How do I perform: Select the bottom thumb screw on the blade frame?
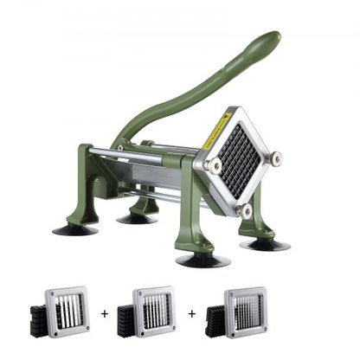click(246, 209)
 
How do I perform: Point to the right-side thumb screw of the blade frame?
click(274, 158)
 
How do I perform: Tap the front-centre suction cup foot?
click(202, 260)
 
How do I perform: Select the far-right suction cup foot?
click(265, 244)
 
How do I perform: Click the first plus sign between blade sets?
click(105, 313)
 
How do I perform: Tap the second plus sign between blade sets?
click(191, 313)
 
